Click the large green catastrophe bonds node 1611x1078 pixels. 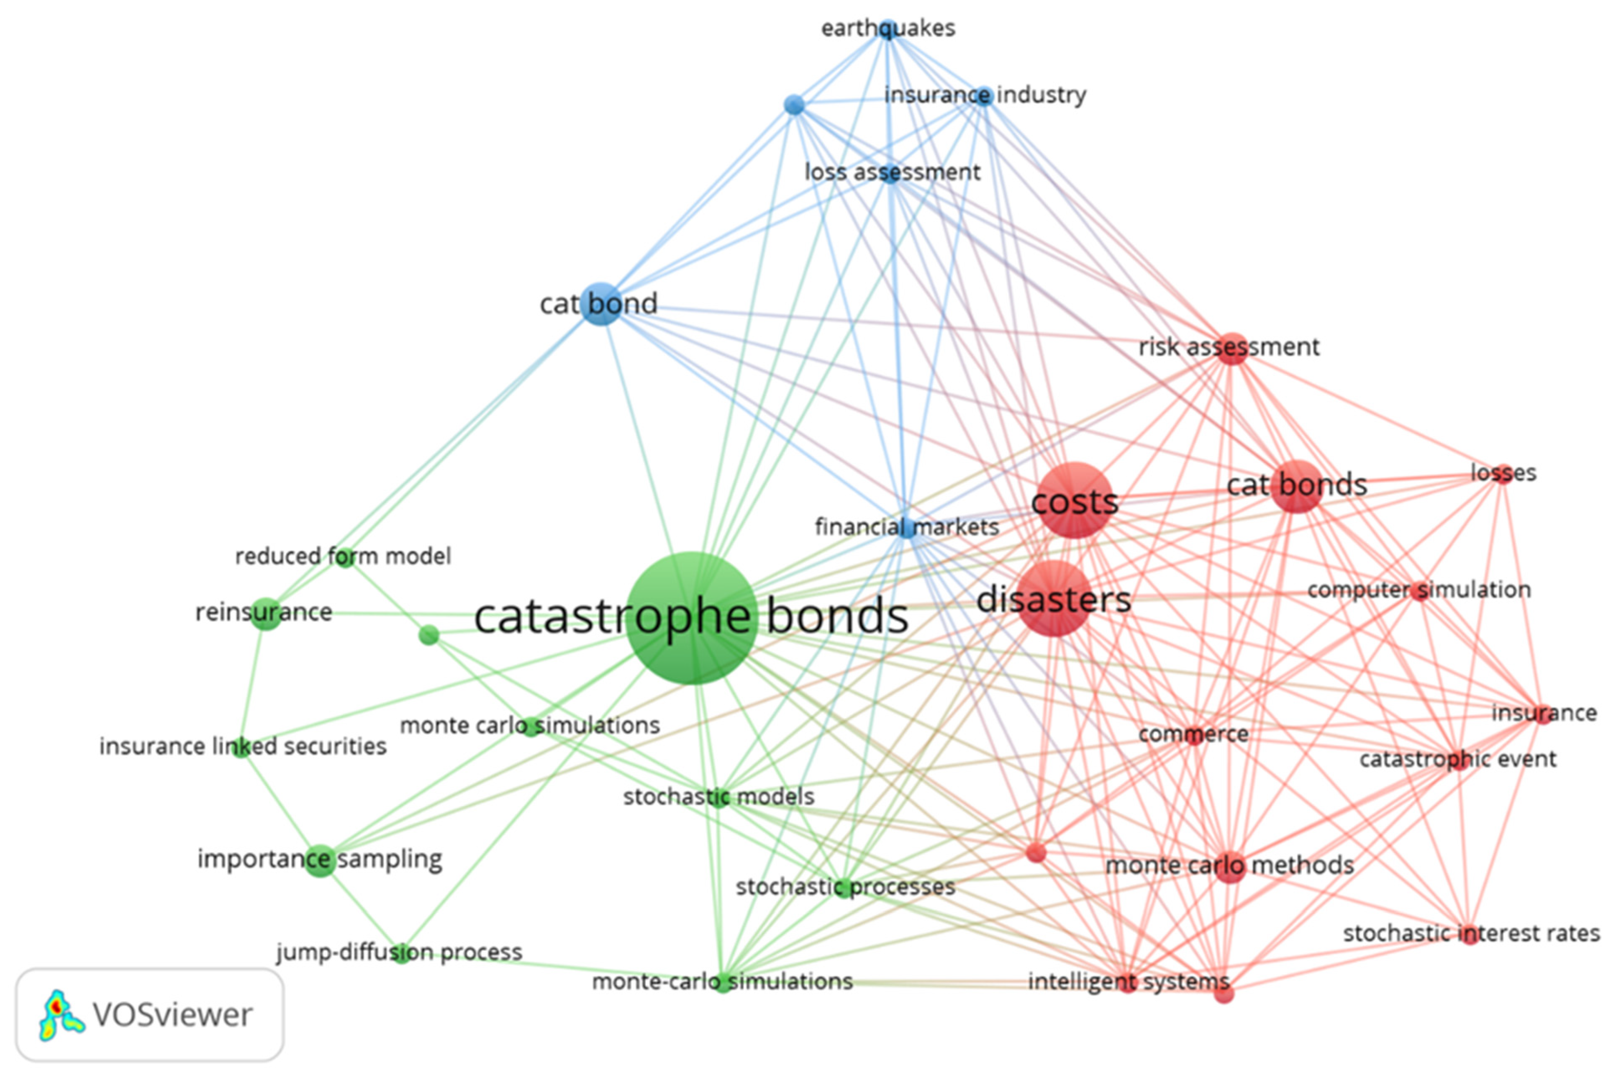(x=692, y=617)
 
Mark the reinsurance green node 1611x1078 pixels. (x=266, y=613)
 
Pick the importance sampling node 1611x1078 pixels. (x=320, y=860)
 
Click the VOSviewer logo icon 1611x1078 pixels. (x=61, y=1015)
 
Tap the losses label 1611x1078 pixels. (x=1503, y=473)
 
